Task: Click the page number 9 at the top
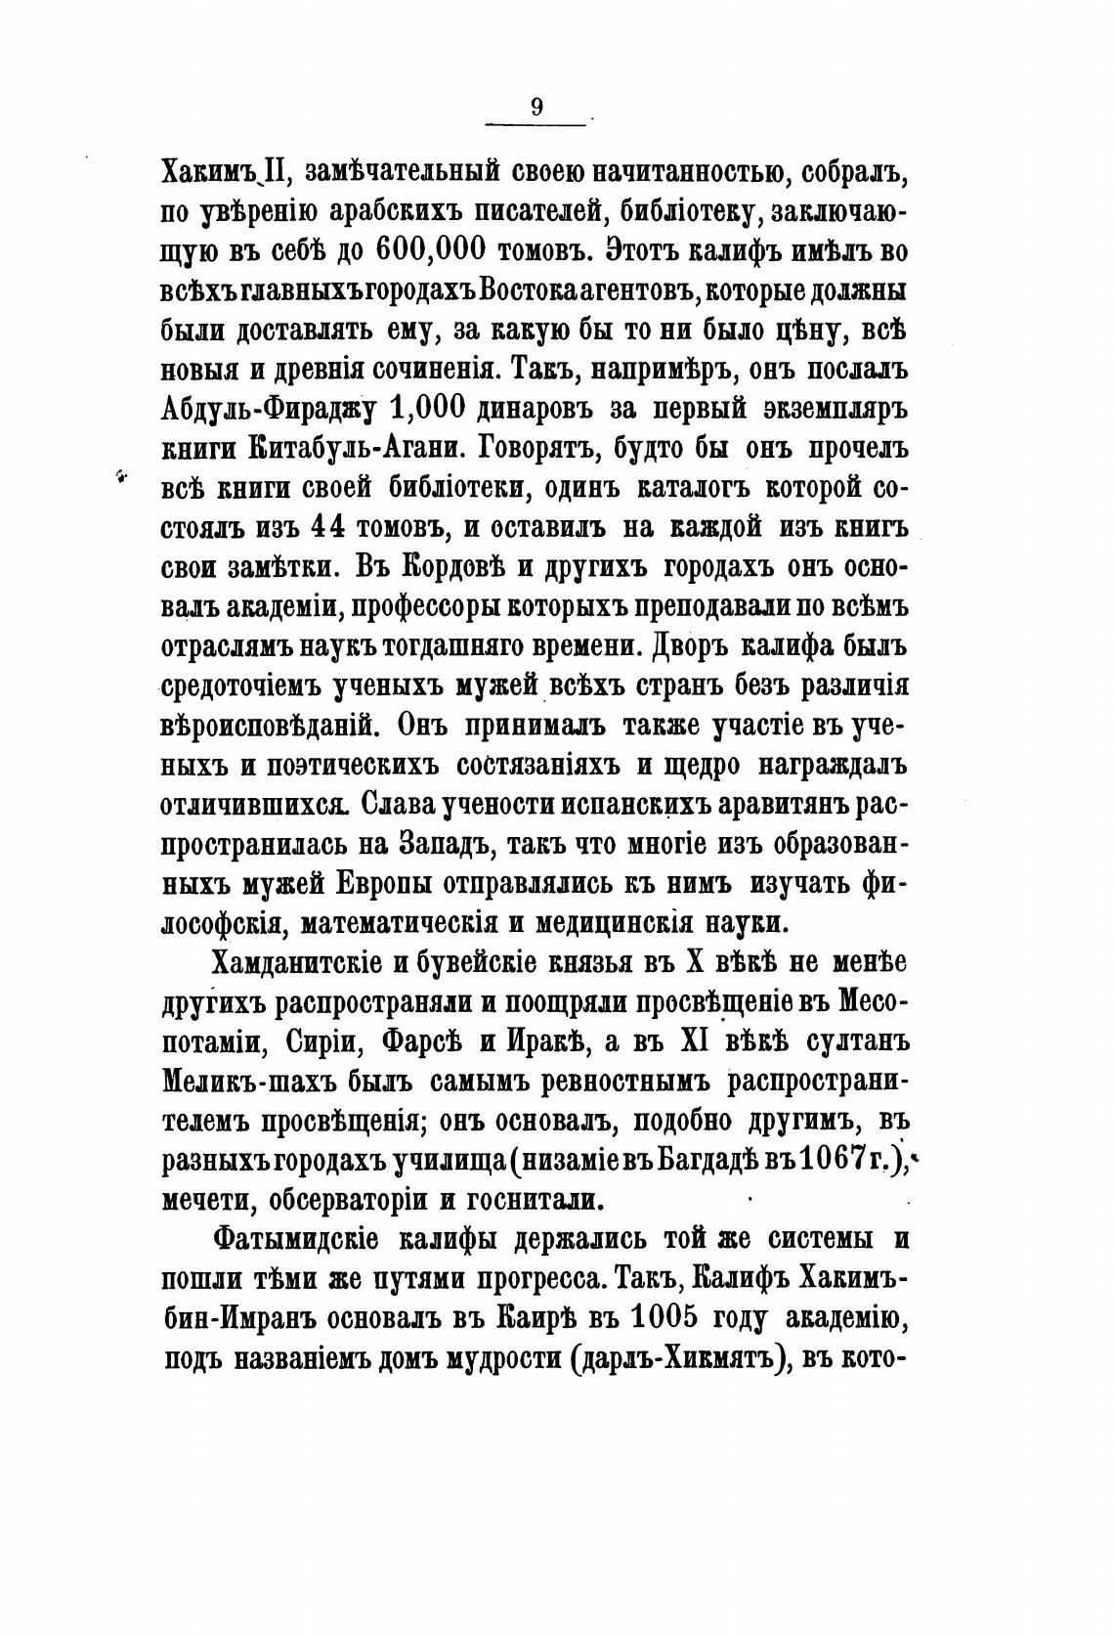pos(536,108)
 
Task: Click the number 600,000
pos(430,249)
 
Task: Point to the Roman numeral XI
pos(695,1041)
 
